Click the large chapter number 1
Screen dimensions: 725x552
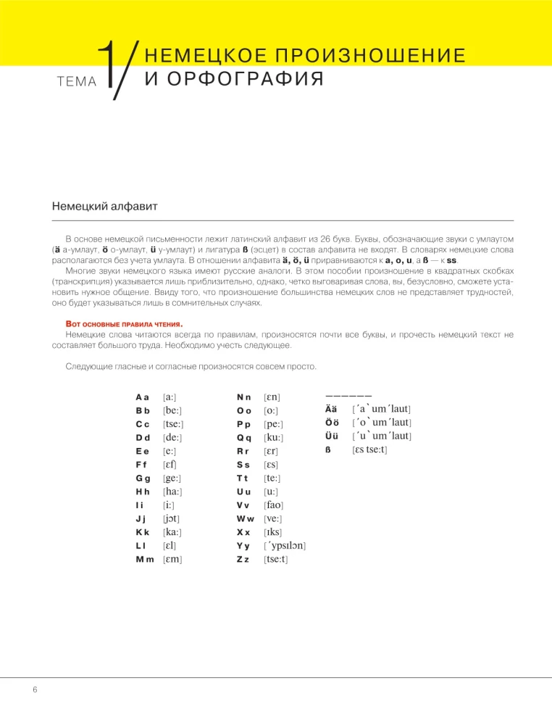click(x=108, y=67)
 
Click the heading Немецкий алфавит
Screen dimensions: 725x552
click(x=104, y=207)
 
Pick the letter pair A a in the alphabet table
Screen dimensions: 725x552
click(x=142, y=397)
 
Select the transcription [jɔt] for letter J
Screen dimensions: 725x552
click(x=172, y=519)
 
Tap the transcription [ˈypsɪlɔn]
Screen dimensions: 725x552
click(x=284, y=546)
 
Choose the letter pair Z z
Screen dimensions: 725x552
click(x=243, y=560)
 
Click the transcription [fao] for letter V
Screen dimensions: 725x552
click(x=274, y=505)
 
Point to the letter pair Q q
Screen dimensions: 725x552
click(x=243, y=438)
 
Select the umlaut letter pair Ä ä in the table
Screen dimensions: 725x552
click(x=330, y=410)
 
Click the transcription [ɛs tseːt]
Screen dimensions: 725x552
click(x=369, y=450)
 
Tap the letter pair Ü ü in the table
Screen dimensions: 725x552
click(x=330, y=436)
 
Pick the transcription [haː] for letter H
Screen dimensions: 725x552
click(x=172, y=492)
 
